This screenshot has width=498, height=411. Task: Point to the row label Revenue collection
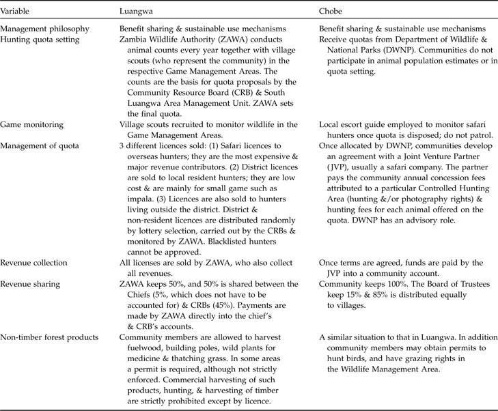[x=34, y=263]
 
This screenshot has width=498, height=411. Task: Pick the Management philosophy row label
[x=45, y=29]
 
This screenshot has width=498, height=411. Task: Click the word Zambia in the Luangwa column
[x=133, y=40]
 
